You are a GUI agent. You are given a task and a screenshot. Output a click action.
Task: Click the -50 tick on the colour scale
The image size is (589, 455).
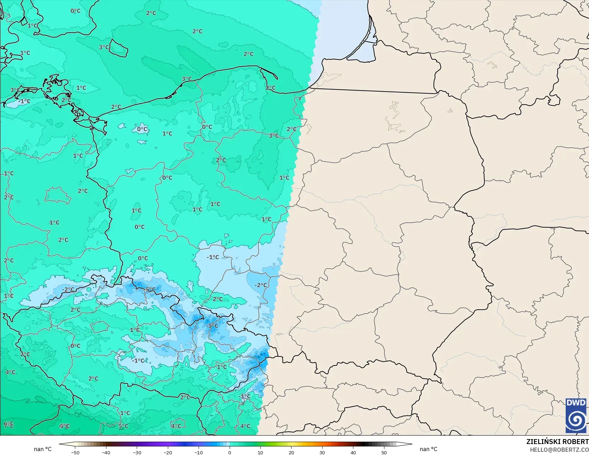(75, 452)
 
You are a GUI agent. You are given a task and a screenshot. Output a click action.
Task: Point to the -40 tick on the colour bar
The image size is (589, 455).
(106, 452)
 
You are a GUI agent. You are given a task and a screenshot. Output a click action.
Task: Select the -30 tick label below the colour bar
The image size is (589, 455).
(137, 452)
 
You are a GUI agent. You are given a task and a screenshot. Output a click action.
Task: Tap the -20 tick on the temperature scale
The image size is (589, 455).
(168, 452)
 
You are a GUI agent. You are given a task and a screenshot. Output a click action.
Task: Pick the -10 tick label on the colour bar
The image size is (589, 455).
(199, 452)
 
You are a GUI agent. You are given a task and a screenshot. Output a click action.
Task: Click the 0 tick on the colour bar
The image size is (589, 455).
(230, 452)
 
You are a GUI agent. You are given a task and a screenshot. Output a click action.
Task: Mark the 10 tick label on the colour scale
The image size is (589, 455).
(260, 452)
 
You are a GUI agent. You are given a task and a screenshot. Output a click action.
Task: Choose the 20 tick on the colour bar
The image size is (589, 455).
(291, 452)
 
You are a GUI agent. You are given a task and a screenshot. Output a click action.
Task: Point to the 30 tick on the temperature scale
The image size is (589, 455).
(322, 452)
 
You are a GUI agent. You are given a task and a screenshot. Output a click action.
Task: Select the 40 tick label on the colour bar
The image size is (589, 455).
(353, 452)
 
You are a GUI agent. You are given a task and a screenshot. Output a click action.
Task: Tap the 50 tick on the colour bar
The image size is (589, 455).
(384, 452)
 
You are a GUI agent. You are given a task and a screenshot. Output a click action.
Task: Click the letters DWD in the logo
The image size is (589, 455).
(576, 403)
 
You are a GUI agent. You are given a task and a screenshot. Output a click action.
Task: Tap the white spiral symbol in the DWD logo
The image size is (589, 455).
(576, 420)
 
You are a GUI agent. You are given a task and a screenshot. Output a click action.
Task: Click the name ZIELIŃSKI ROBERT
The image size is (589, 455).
(557, 442)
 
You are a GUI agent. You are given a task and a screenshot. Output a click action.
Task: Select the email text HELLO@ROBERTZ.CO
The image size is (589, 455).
(559, 449)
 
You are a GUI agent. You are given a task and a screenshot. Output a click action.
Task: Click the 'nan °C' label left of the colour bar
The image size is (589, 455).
(42, 449)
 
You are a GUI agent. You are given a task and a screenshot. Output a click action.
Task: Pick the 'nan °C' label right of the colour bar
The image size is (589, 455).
(428, 449)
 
